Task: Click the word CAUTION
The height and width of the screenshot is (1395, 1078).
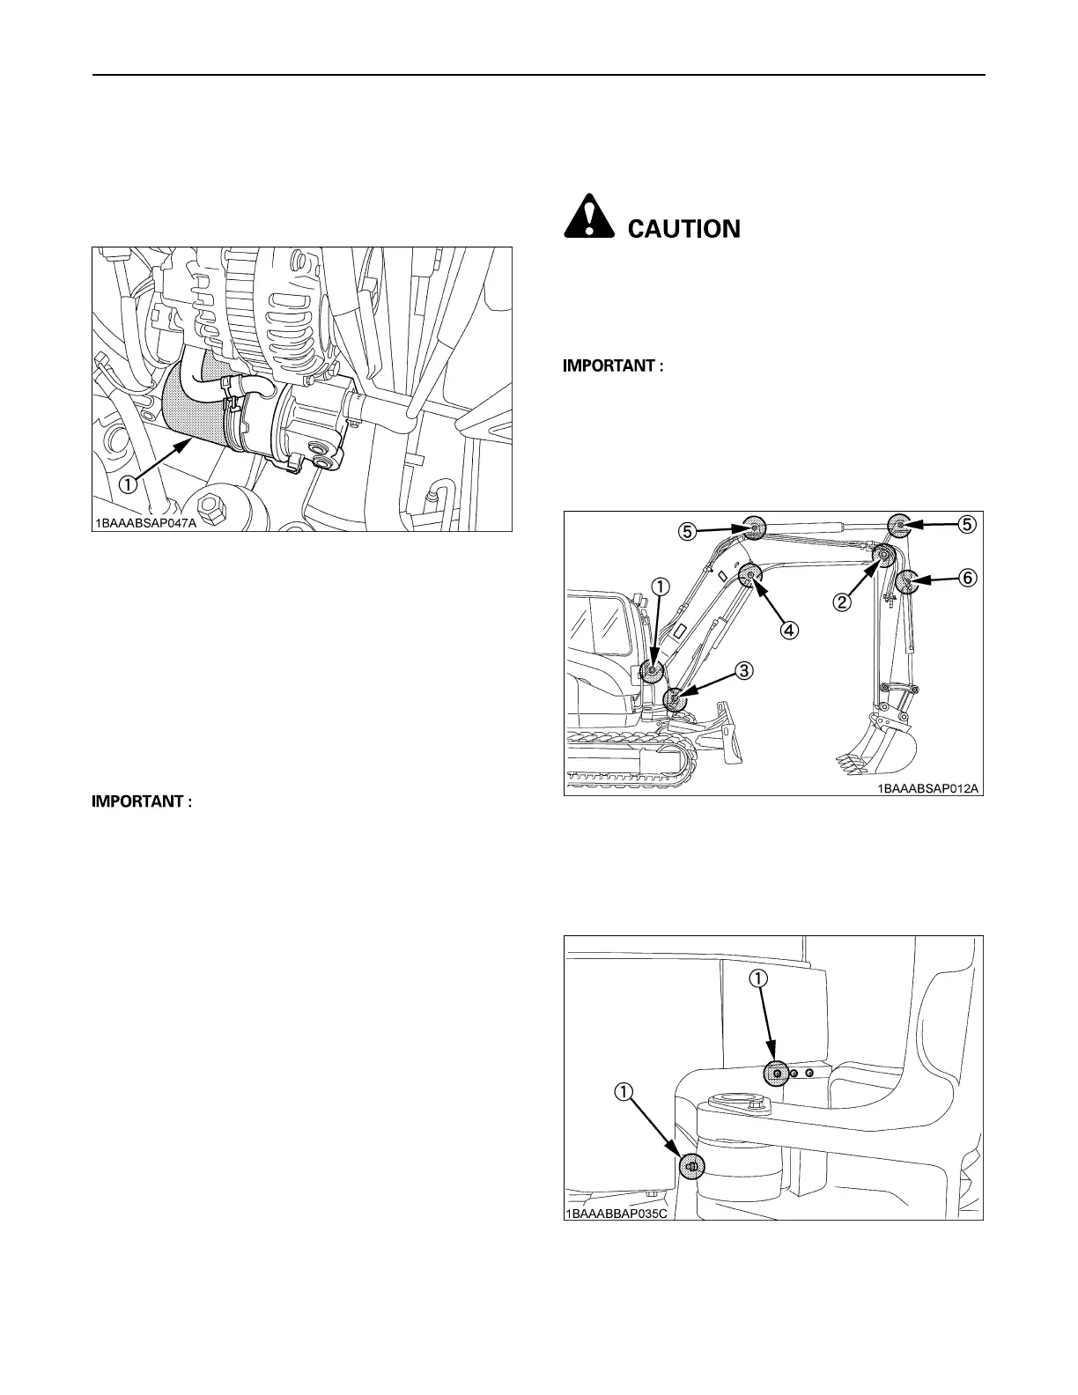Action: click(683, 229)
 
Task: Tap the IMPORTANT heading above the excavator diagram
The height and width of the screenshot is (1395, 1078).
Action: click(613, 366)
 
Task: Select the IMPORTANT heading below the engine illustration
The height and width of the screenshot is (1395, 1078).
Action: click(142, 802)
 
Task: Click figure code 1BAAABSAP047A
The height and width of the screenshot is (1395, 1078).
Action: click(146, 523)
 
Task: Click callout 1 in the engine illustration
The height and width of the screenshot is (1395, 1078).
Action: click(128, 483)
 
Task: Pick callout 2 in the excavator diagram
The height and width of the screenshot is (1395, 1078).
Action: click(843, 602)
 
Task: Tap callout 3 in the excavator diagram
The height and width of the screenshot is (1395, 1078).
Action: click(744, 670)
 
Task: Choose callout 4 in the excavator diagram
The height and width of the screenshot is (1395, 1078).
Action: click(790, 630)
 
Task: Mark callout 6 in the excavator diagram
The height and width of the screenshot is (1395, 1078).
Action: click(966, 579)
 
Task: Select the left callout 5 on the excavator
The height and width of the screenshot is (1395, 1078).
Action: click(689, 531)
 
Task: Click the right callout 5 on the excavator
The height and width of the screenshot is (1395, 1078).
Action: click(966, 523)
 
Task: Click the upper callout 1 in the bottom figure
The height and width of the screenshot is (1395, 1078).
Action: click(759, 978)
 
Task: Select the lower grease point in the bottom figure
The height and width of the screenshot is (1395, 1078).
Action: click(690, 1167)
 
